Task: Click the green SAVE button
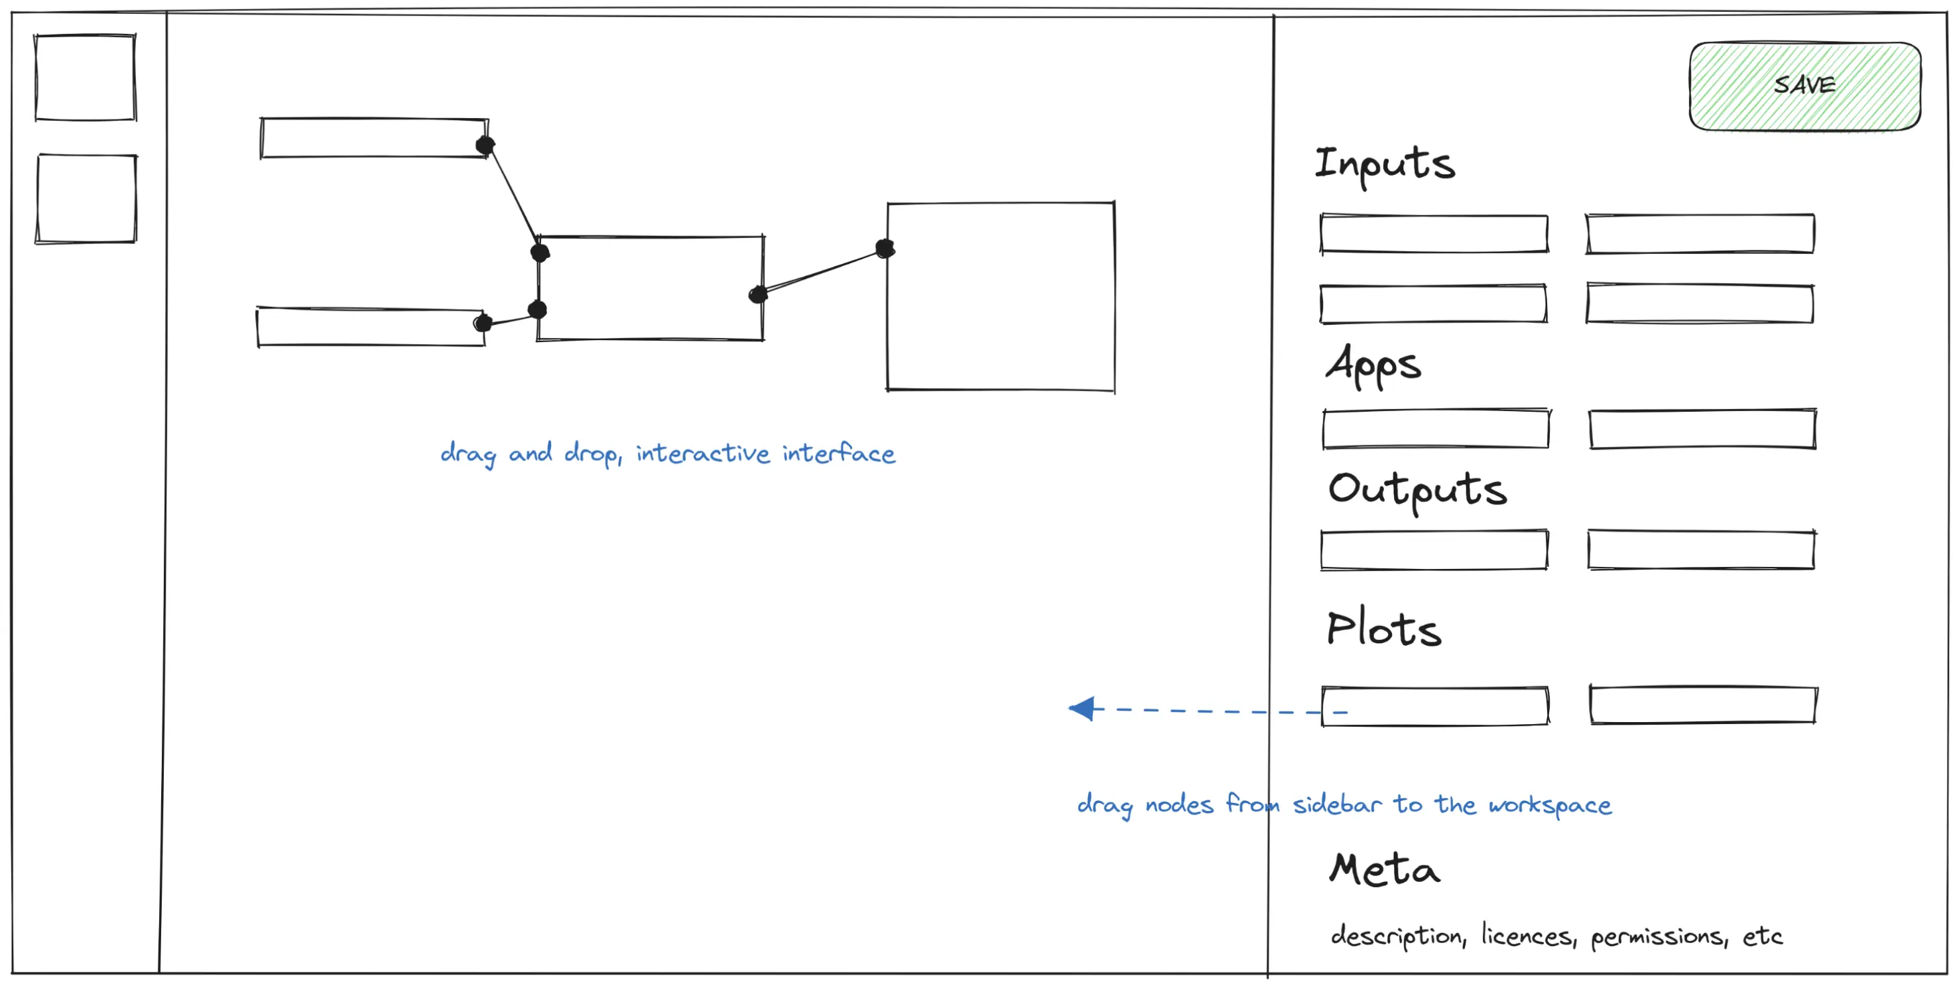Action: pyautogui.click(x=1804, y=86)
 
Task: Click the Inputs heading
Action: pyautogui.click(x=1385, y=165)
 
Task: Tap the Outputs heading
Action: pyautogui.click(x=1418, y=491)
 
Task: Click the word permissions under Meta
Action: pyautogui.click(x=1659, y=938)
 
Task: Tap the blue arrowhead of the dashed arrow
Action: pyautogui.click(x=1082, y=709)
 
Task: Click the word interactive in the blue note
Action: pyautogui.click(x=703, y=454)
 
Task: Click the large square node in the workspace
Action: pyautogui.click(x=1001, y=296)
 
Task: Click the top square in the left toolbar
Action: pyautogui.click(x=85, y=77)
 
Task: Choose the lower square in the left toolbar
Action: pyautogui.click(x=86, y=198)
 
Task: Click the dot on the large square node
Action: pyautogui.click(x=885, y=248)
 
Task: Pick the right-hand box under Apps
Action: pyautogui.click(x=1703, y=430)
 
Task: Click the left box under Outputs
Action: pyautogui.click(x=1434, y=550)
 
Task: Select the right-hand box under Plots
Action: pyautogui.click(x=1704, y=705)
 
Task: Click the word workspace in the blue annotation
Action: pyautogui.click(x=1550, y=805)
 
